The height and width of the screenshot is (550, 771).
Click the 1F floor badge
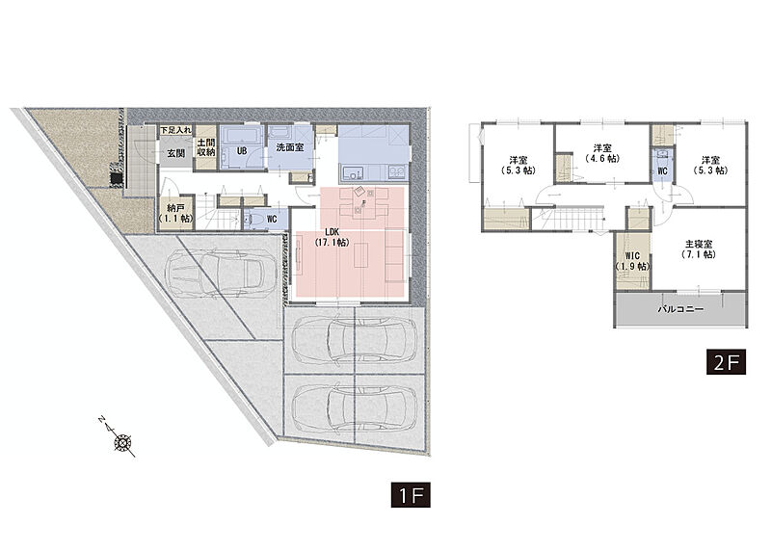pos(411,494)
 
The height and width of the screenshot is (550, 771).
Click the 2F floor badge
pos(727,362)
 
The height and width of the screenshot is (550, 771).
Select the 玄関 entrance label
pos(175,153)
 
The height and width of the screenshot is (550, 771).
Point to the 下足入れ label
pos(175,130)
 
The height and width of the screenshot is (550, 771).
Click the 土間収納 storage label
pos(206,147)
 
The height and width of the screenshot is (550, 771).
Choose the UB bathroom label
pos(242,151)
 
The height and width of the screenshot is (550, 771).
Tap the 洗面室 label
pos(290,147)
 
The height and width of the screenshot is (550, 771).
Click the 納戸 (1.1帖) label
pos(175,214)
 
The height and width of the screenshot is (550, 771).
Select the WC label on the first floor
pos(272,220)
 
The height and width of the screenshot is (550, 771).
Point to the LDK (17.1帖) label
pos(332,237)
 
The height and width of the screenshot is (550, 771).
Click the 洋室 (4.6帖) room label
pos(602,153)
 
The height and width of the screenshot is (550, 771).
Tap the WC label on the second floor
pos(662,171)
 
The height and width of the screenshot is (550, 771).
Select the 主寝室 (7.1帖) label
pos(699,249)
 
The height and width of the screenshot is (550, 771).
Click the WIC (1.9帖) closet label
pos(632,261)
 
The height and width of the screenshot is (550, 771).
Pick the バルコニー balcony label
pos(680,309)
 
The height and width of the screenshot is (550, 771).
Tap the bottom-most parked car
pos(355,407)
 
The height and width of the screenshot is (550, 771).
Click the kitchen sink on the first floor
pos(353,173)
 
